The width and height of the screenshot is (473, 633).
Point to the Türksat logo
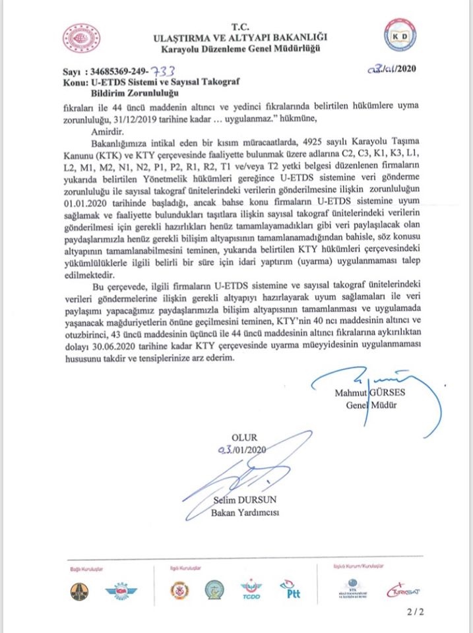coord(403,590)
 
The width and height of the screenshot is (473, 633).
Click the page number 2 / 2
coord(416,611)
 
